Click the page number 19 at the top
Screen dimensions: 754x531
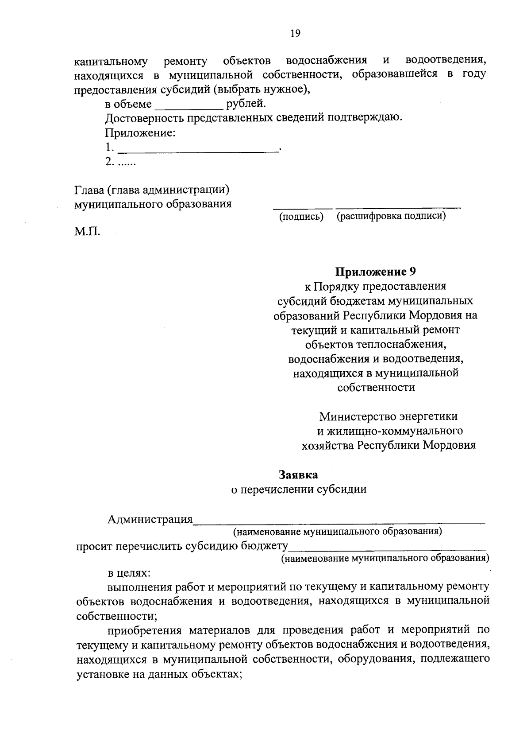[x=295, y=33]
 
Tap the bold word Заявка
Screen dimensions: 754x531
[x=298, y=474]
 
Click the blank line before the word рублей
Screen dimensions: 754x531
[x=189, y=106]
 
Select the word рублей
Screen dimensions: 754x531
[x=246, y=104]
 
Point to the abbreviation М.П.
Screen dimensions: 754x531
[x=87, y=231]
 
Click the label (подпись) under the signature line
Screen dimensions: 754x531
[x=301, y=217]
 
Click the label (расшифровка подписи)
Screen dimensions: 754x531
[x=391, y=216]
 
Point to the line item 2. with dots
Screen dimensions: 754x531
[x=120, y=162]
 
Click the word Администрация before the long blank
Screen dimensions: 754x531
[x=150, y=519]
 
